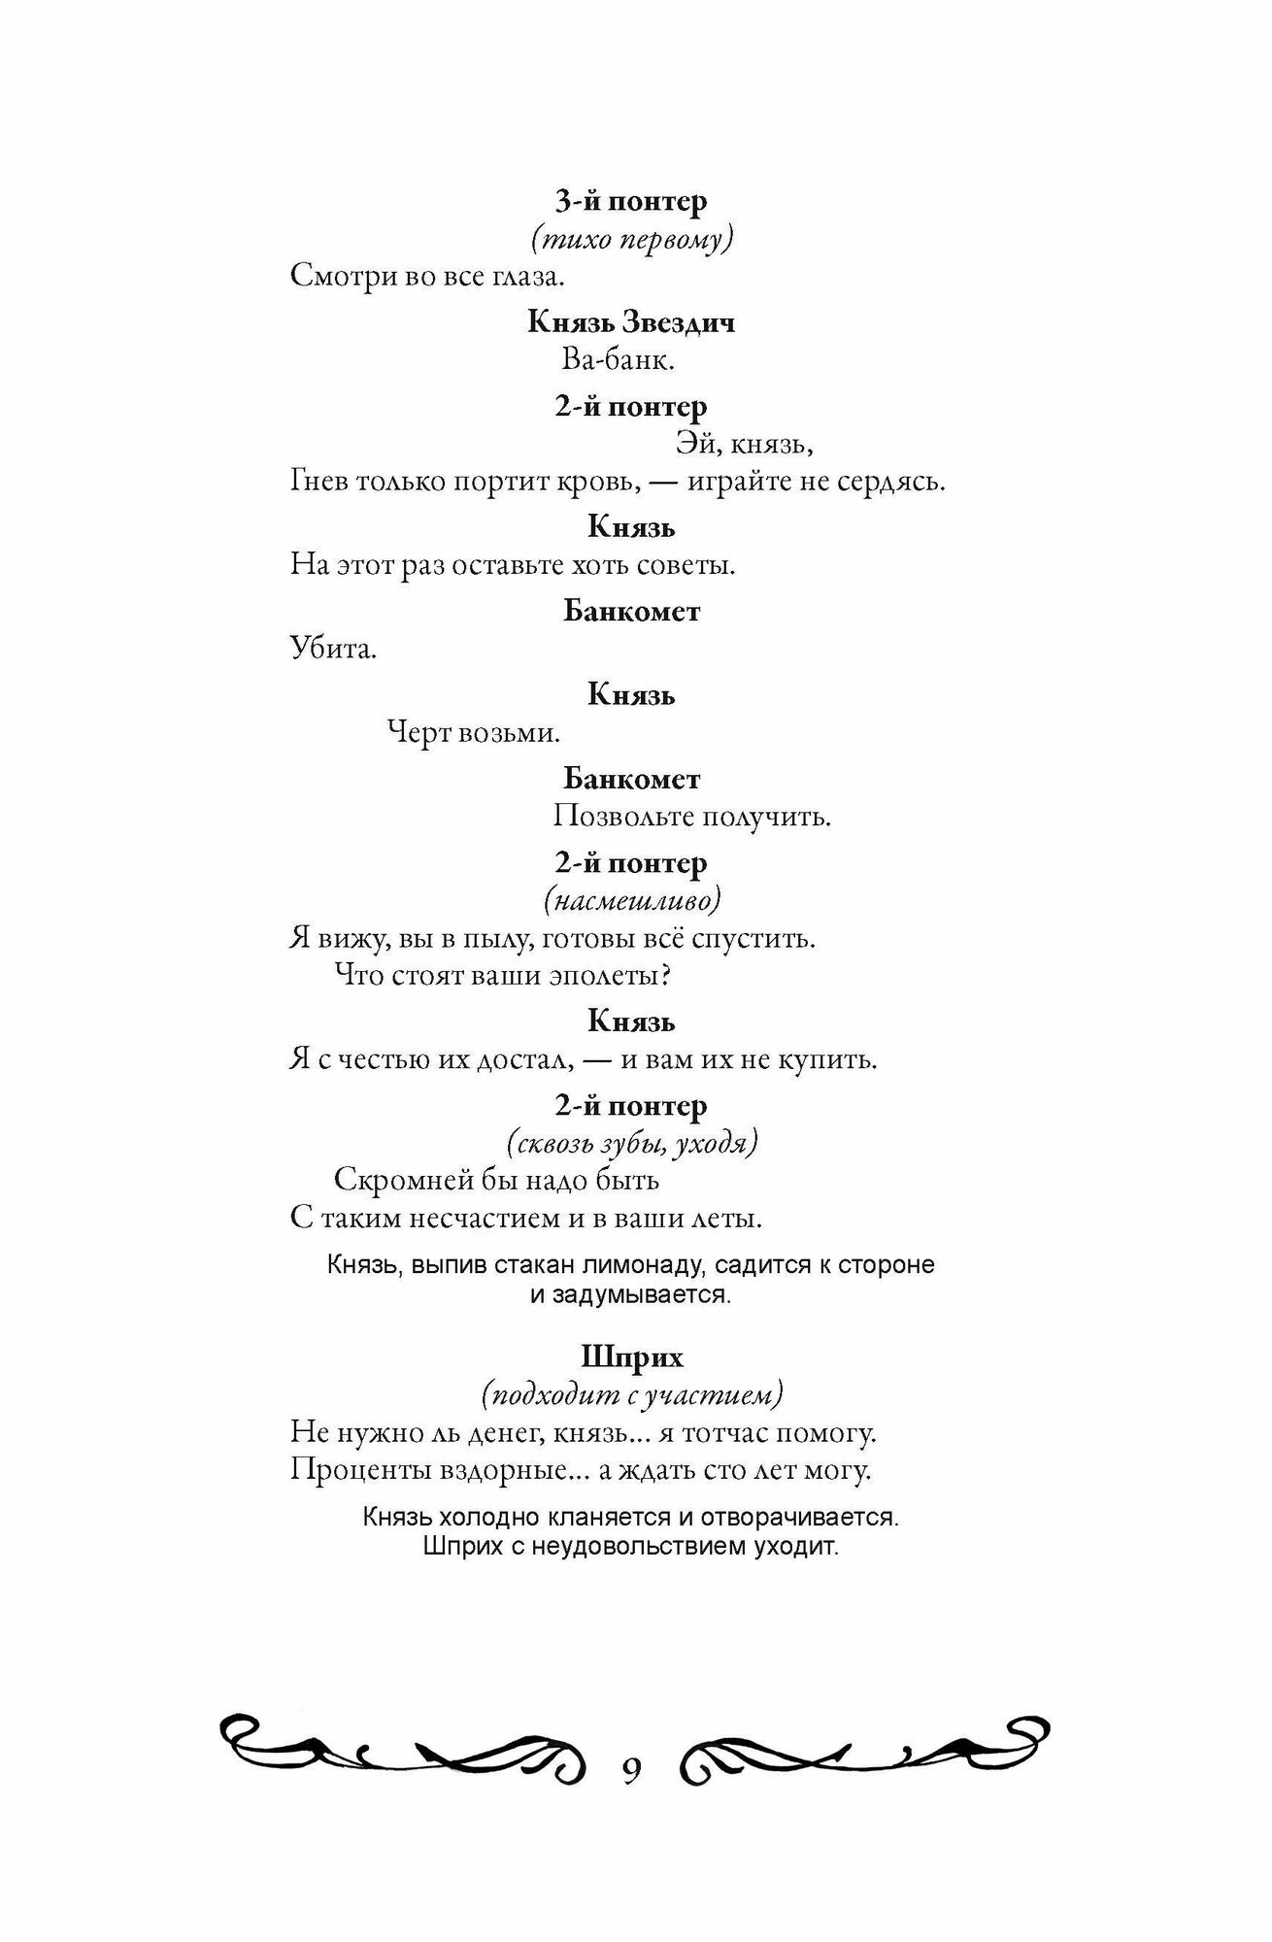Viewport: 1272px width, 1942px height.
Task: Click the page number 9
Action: pos(631,1770)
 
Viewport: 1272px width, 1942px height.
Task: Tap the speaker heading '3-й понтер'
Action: pos(631,201)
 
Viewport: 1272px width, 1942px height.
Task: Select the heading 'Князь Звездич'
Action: pos(631,321)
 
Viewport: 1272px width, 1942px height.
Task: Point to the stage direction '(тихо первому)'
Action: pos(631,239)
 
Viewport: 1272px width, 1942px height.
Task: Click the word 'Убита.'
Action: pos(333,649)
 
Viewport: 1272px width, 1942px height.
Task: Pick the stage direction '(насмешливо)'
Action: pos(632,901)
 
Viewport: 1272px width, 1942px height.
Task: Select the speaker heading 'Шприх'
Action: pos(631,1356)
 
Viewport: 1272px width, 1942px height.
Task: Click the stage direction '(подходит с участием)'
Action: pos(631,1394)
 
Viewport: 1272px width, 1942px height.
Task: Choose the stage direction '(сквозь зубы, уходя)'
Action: pos(632,1144)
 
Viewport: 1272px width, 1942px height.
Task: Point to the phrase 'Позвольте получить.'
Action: pos(692,816)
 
